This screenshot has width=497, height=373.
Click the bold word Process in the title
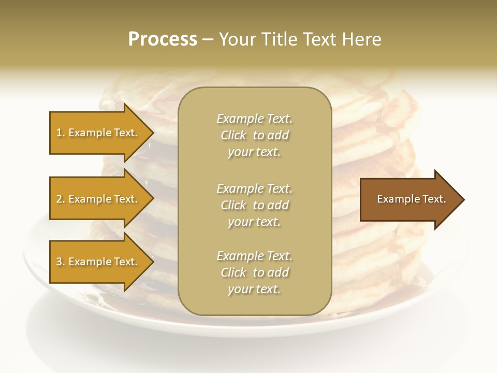163,39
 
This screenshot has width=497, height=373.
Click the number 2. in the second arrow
60,199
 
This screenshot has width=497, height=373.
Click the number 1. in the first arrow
60,133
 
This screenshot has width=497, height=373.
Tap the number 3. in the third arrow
60,262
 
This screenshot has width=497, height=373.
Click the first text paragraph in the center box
254,135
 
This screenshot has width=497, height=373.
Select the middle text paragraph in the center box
254,205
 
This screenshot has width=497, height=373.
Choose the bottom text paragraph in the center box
254,272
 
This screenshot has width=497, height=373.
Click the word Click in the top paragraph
233,135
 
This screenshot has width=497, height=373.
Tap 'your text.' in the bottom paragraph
254,289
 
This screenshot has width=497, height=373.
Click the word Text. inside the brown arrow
431,199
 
